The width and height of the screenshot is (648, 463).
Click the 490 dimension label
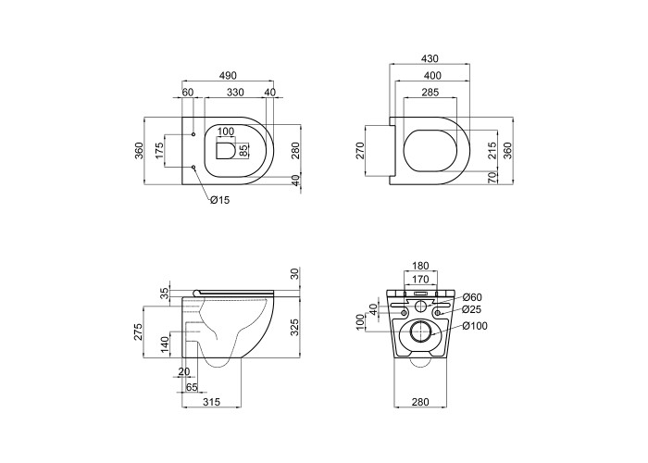pos(228,76)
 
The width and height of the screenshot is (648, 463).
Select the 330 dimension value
pos(235,93)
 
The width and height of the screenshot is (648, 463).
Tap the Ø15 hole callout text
pos(219,200)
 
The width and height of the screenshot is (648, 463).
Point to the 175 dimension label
pos(159,150)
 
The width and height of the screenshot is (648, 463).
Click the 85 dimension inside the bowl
pos(243,150)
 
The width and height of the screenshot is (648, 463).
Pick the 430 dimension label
pos(430,59)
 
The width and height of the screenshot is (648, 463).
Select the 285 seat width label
pos(430,93)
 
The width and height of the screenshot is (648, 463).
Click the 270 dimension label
pos(359,150)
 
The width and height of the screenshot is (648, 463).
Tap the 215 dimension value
pos(492,150)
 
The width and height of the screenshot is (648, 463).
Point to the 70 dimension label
pos(492,177)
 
